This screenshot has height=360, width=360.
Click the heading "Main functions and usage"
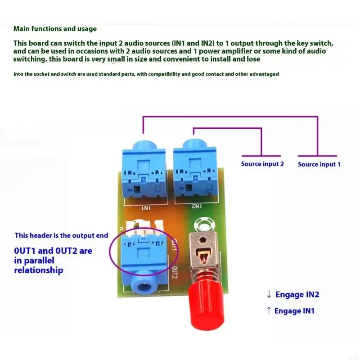coord(55,29)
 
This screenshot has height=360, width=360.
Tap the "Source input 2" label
coord(262,164)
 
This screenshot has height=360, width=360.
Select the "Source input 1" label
coord(319,164)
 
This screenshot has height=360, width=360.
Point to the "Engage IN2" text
coord(297,294)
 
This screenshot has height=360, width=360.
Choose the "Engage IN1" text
coord(294,310)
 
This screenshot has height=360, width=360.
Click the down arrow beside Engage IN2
coord(269,294)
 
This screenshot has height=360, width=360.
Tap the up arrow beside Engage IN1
coord(269,310)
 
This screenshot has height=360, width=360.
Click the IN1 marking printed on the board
coord(146,208)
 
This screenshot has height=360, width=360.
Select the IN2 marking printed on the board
coord(196,206)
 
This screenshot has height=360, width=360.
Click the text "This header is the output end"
coord(62,235)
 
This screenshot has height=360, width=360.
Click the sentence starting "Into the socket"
coord(146,73)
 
